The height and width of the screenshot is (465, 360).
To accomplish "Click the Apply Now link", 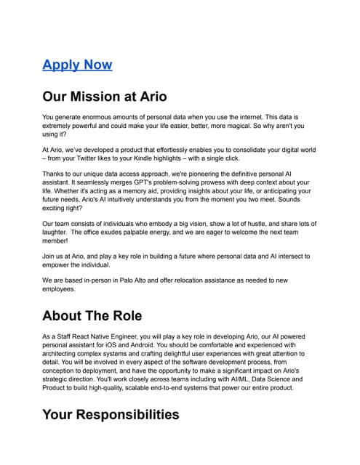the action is [x=77, y=65].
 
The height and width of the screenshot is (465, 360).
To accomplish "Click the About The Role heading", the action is [x=92, y=316].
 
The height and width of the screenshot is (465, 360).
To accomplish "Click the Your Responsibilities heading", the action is [x=111, y=415].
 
